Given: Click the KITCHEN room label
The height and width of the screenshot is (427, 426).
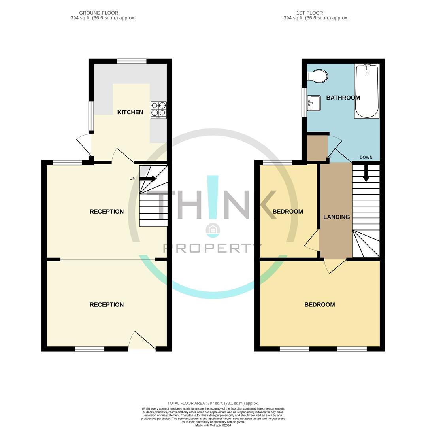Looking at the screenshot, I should coord(130,112).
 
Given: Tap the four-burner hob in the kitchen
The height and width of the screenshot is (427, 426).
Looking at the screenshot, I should coord(158,110).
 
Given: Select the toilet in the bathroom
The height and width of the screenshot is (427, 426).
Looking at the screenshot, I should coord(318,76).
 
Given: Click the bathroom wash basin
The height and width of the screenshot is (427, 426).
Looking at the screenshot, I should coord(314,103).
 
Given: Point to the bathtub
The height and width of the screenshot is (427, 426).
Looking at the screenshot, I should coord(367,91).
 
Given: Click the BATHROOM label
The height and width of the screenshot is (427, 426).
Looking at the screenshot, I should coord(343,98).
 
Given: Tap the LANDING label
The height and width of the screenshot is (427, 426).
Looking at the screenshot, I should coord(336,217).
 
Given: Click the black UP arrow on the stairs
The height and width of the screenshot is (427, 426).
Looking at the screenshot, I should coord(148,179).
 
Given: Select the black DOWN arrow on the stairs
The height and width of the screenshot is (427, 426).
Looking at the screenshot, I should coord(366,173).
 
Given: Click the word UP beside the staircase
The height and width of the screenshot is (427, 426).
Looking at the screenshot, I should coord(132,179).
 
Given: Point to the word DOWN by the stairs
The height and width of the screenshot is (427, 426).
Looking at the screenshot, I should coord(366,157).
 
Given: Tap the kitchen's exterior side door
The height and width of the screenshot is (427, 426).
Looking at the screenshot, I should coord(84,145).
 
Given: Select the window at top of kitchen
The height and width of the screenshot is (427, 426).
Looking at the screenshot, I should coord(132,61).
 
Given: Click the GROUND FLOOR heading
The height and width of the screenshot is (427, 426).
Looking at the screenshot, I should coord(98,13).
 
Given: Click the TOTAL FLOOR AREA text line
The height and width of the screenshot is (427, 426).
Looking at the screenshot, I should coord(213,403).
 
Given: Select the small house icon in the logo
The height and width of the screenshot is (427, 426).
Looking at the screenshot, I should coord(213,229).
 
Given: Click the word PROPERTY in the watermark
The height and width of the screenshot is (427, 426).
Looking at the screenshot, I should coord(213,248).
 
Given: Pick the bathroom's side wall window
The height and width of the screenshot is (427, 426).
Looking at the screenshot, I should coord(304,102).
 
